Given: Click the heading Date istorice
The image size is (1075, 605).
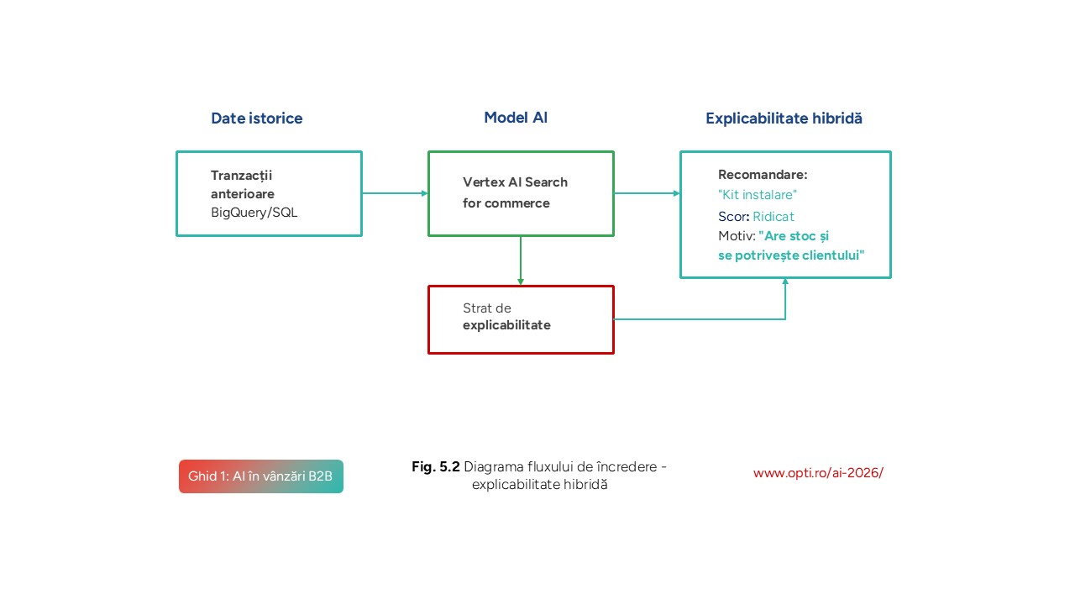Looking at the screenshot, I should coord(256,118).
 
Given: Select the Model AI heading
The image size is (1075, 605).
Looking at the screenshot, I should coord(516,118).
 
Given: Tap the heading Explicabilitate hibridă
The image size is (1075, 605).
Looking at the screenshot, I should coord(784,118).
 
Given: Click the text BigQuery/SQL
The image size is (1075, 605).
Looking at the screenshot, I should coord(254,213).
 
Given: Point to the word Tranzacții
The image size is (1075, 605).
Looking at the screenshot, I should coord(241,176).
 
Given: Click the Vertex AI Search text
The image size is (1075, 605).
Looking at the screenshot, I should coord(515,182).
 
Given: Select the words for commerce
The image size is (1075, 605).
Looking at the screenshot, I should coord(506,203).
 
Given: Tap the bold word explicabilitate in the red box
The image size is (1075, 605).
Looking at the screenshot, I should coord(506,325).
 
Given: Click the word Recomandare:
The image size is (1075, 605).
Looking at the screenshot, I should coord(762,175).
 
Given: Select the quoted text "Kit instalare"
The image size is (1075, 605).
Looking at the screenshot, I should coord(757,195).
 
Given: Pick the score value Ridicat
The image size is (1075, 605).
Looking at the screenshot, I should coord(773,216).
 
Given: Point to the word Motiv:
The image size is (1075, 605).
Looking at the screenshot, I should coord(737,236).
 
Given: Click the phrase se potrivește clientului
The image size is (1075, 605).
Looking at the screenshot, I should coord(791,255).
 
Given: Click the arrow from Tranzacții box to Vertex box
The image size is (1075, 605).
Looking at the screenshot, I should coord(395,193).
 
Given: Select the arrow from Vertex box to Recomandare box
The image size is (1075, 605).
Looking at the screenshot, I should coord(647,193).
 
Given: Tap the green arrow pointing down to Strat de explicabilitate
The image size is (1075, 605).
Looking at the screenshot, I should coord(521,260).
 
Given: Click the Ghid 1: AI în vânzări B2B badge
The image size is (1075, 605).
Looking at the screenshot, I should coord(260,476).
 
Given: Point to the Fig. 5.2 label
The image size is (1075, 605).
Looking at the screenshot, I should coord(436,466).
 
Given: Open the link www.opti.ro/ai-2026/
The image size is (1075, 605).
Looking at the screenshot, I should coord(818,472).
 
